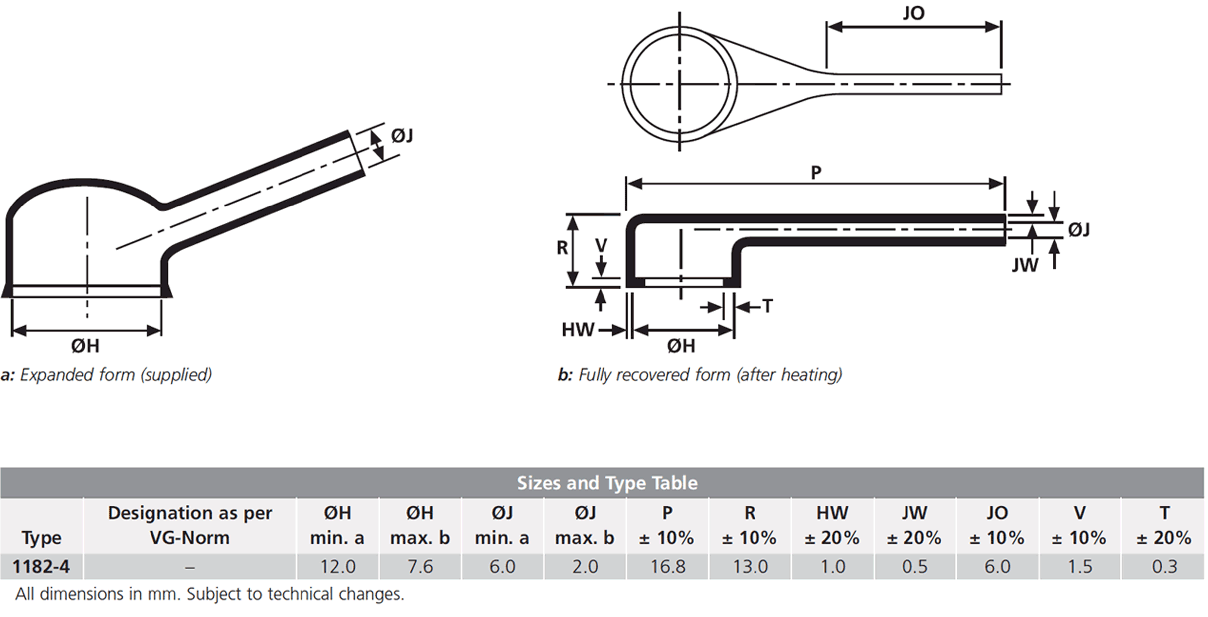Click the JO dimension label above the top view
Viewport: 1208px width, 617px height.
pos(913,13)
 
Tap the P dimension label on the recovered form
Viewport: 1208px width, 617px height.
pos(816,173)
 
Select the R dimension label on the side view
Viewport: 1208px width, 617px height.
pos(562,248)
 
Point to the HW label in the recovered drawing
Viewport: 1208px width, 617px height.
pos(578,329)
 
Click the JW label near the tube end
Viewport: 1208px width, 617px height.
pos(1025,265)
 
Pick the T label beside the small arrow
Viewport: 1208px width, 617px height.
pos(767,306)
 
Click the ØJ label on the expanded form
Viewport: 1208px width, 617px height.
pos(402,135)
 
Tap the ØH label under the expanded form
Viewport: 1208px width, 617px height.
pos(85,346)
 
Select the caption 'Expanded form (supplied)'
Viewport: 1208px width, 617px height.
pos(116,375)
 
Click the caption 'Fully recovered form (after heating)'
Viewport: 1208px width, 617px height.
pos(710,375)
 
